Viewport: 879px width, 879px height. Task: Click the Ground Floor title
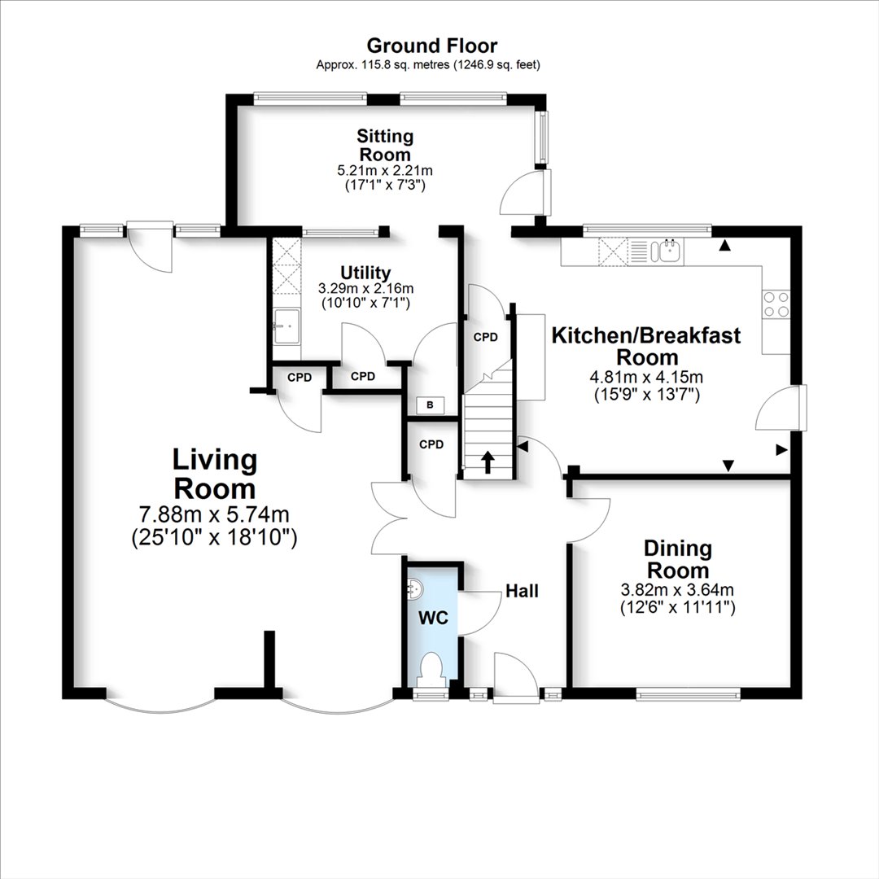pyautogui.click(x=431, y=46)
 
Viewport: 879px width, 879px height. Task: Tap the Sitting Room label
pyautogui.click(x=385, y=145)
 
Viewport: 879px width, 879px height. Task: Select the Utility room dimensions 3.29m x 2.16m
pyautogui.click(x=365, y=289)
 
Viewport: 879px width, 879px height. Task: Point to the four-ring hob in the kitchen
pyautogui.click(x=776, y=304)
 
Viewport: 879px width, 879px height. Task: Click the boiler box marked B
pyautogui.click(x=430, y=405)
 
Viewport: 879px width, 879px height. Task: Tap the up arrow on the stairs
pyautogui.click(x=488, y=461)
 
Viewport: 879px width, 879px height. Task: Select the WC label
pyautogui.click(x=433, y=618)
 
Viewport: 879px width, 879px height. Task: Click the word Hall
pyautogui.click(x=522, y=591)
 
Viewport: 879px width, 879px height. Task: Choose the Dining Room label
pyautogui.click(x=678, y=559)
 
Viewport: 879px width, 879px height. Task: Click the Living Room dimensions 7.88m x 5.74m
pyautogui.click(x=214, y=514)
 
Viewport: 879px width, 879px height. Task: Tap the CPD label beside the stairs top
pyautogui.click(x=485, y=337)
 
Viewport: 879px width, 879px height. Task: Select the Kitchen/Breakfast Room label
pyautogui.click(x=646, y=346)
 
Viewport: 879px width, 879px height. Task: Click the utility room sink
pyautogui.click(x=287, y=326)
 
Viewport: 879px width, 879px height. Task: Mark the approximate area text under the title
pyautogui.click(x=428, y=65)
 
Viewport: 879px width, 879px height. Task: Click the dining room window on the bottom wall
pyautogui.click(x=689, y=695)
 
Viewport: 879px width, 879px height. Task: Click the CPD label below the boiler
pyautogui.click(x=431, y=444)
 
